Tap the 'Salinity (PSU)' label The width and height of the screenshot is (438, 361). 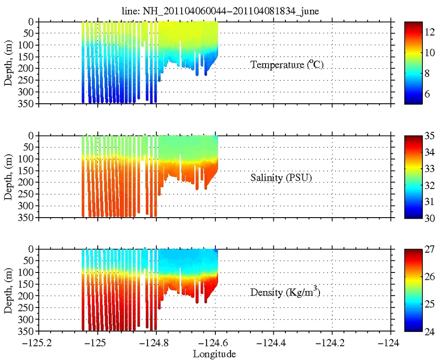(282, 178)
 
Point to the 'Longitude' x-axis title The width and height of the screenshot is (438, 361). (214, 354)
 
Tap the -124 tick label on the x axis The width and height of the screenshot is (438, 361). (391, 343)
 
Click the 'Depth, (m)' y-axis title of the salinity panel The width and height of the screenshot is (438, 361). (9, 177)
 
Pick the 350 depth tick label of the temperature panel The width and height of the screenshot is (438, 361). (26, 104)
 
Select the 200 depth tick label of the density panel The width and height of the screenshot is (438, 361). (26, 296)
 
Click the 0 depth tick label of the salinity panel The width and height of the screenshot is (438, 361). (30, 136)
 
